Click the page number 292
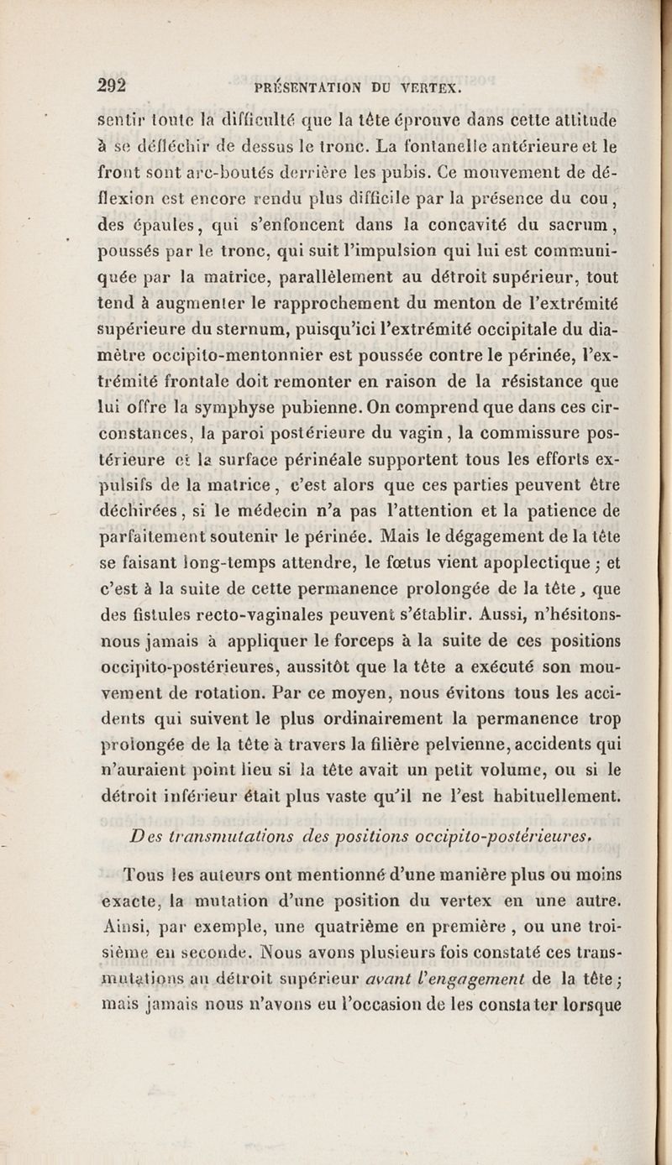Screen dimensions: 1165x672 [112, 85]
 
